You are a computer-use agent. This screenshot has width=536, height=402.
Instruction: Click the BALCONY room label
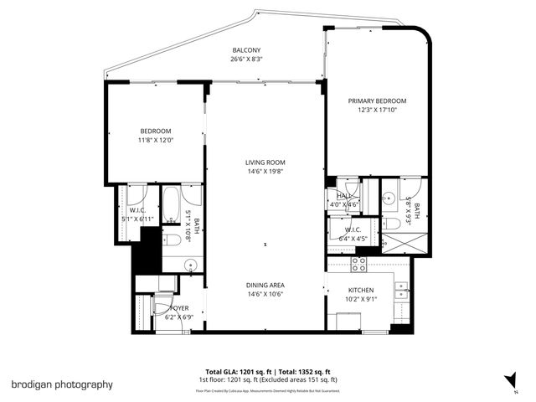coord(244,50)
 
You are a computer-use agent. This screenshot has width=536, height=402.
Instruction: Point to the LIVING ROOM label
coord(265,162)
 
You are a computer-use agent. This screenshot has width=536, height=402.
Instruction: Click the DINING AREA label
coord(265,284)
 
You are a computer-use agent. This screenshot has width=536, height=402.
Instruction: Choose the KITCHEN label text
coord(361,290)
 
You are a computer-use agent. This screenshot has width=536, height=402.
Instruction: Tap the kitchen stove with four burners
coord(358,265)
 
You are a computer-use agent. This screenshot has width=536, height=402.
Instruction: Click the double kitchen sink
coord(402,291)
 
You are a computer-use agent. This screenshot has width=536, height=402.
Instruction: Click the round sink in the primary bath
coord(389,198)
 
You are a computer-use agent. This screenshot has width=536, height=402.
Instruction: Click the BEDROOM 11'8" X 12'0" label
coord(156,135)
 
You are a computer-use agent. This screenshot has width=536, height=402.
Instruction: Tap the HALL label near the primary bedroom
coord(342,195)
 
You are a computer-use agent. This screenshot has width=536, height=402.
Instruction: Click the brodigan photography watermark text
coord(62,384)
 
